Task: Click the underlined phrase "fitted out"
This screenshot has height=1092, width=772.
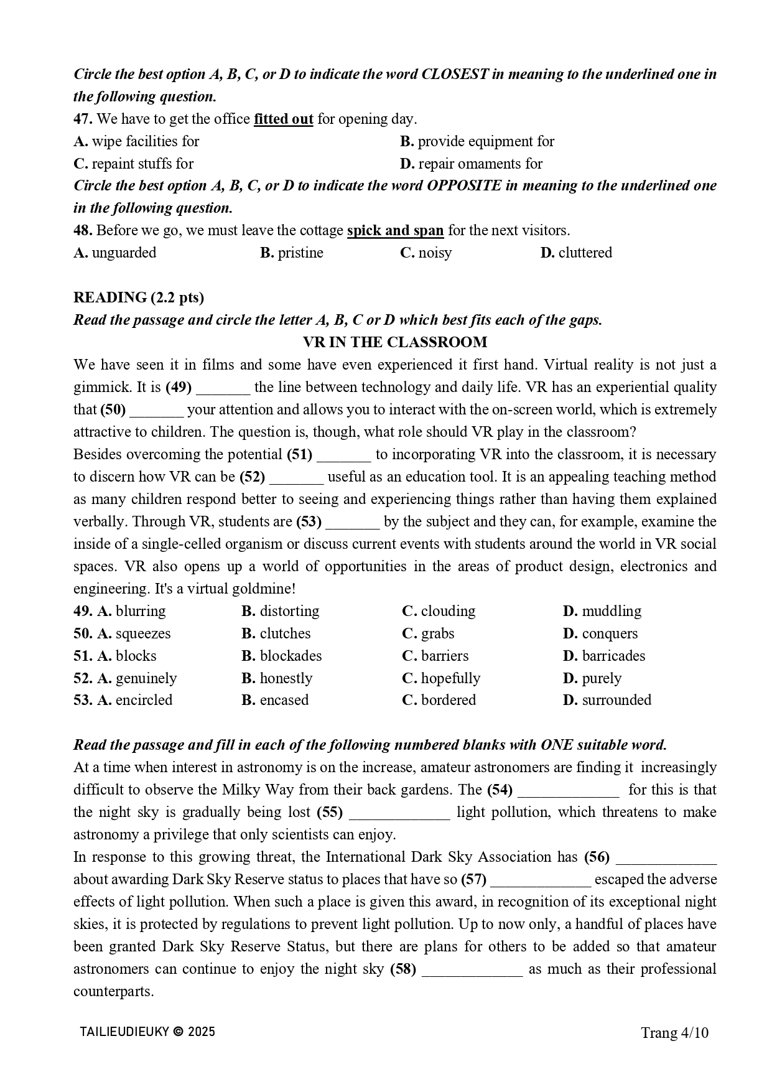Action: pyautogui.click(x=283, y=119)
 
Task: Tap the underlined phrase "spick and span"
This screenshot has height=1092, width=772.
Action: pyautogui.click(x=395, y=230)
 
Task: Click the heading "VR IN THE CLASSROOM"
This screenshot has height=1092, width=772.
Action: pyautogui.click(x=395, y=342)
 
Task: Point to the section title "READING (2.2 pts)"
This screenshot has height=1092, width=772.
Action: pyautogui.click(x=139, y=297)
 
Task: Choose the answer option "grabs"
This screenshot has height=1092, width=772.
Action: pyautogui.click(x=437, y=633)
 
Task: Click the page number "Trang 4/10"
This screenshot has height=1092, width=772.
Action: pyautogui.click(x=675, y=1034)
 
